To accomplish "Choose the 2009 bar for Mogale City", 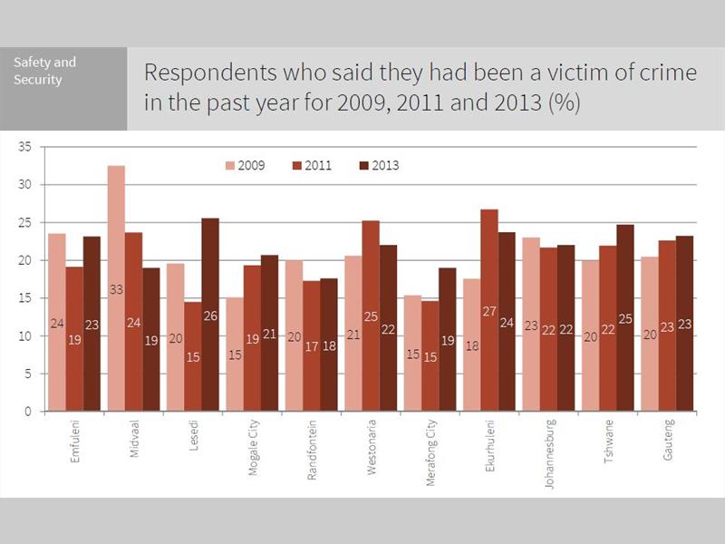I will (235, 354).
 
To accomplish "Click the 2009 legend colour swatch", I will (230, 166).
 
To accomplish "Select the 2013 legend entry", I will (377, 166).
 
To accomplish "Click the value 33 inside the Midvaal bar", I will (116, 290).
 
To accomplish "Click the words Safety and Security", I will (45, 71).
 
